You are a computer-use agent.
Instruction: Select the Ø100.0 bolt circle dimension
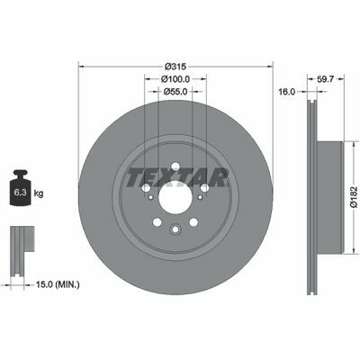(175, 79)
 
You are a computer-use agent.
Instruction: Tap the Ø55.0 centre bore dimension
(175, 91)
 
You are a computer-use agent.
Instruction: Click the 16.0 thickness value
(287, 92)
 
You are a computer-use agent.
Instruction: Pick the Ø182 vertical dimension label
(355, 197)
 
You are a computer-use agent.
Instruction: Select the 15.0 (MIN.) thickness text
(58, 284)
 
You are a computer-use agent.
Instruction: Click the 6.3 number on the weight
(20, 193)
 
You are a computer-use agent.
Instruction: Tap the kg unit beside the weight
(39, 193)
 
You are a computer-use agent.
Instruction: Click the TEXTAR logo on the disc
(176, 177)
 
